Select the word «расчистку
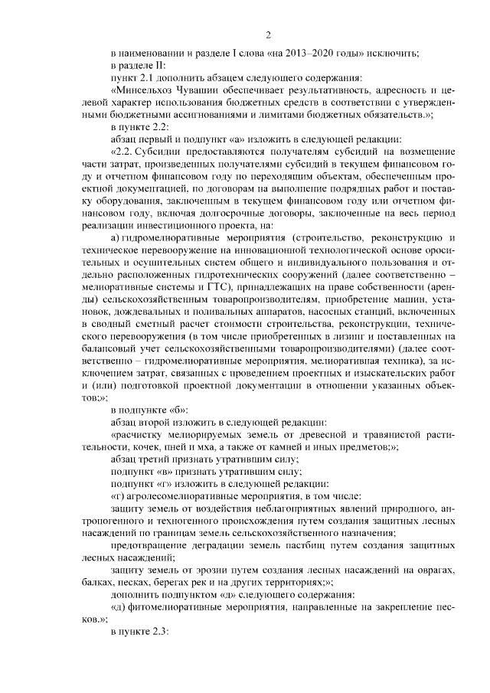[x=138, y=433]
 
